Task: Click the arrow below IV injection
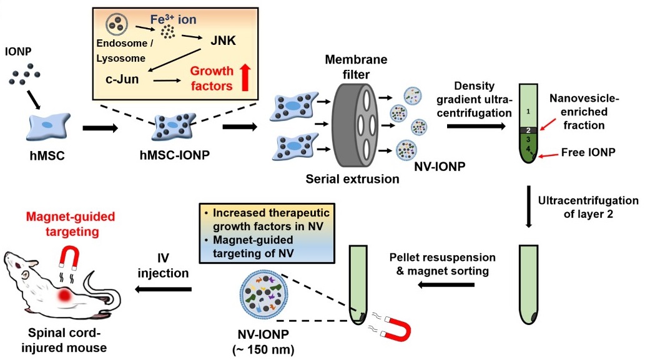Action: coord(164,289)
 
